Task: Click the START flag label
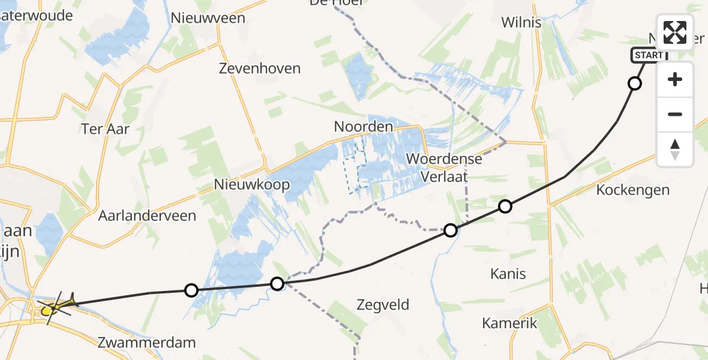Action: tap(648, 56)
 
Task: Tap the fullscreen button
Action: tap(675, 32)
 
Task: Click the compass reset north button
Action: tap(675, 149)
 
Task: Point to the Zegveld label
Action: tap(383, 305)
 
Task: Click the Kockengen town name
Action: tap(633, 190)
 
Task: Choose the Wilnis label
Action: tap(521, 23)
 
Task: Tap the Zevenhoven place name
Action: tap(260, 68)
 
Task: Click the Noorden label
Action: tap(364, 127)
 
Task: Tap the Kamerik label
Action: tap(509, 323)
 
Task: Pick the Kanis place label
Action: tap(508, 274)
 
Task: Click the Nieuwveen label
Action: tap(208, 18)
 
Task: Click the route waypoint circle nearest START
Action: tap(634, 83)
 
